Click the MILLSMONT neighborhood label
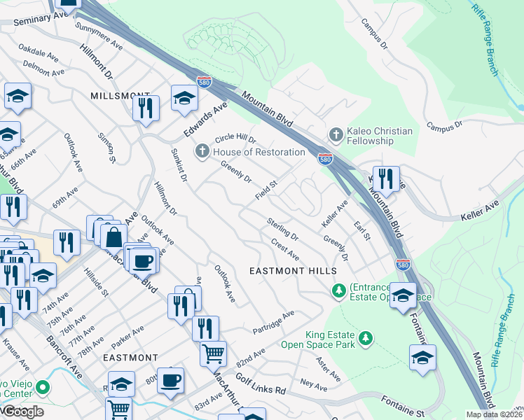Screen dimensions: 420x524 pyautogui.click(x=120, y=95)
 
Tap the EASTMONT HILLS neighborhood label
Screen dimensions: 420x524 pyautogui.click(x=293, y=271)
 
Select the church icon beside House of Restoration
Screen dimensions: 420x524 pyautogui.click(x=202, y=151)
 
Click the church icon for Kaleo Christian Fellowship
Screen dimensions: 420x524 pyautogui.click(x=336, y=133)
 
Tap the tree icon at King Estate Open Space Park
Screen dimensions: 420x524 pyautogui.click(x=364, y=339)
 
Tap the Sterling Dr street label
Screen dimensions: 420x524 pyautogui.click(x=282, y=228)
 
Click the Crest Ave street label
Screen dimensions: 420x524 pyautogui.click(x=284, y=249)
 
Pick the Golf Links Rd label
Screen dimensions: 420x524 pyautogui.click(x=261, y=384)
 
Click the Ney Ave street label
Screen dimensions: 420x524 pyautogui.click(x=313, y=385)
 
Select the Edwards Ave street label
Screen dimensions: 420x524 pyautogui.click(x=207, y=120)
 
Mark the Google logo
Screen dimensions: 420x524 pyautogui.click(x=22, y=412)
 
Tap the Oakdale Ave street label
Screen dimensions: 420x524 pyautogui.click(x=38, y=51)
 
